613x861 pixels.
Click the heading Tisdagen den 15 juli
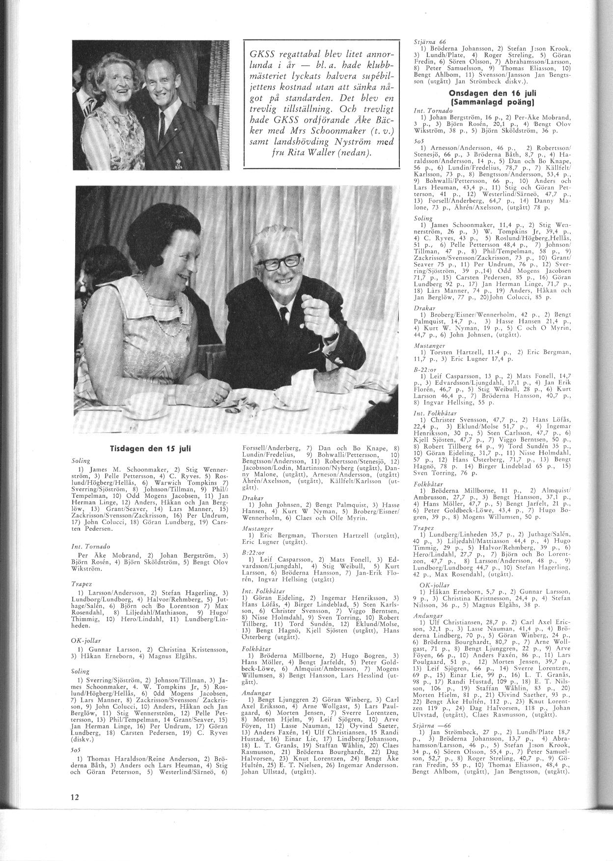click(150, 449)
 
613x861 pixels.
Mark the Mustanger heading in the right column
click(429, 345)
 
